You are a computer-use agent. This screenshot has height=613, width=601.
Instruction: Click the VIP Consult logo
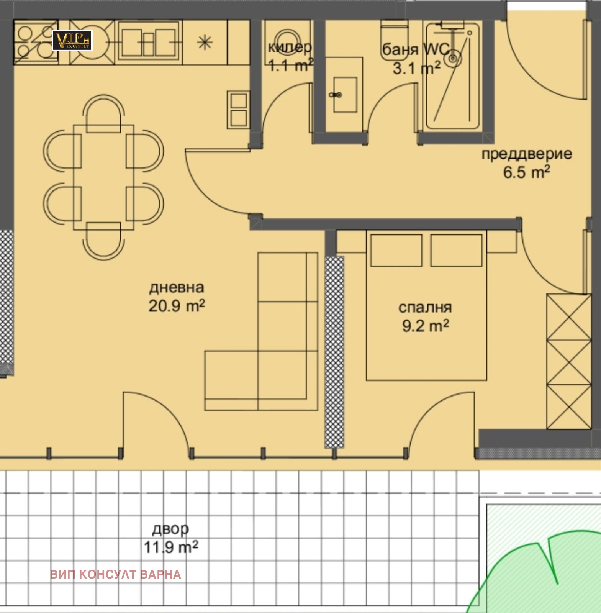click(72, 41)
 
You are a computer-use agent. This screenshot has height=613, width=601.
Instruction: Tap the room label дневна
click(177, 287)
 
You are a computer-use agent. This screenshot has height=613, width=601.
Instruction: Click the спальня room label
click(425, 308)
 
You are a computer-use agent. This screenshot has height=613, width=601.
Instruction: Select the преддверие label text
click(527, 154)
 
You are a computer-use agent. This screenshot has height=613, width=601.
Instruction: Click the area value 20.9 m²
click(177, 306)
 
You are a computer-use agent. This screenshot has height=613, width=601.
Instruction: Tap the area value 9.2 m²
click(425, 326)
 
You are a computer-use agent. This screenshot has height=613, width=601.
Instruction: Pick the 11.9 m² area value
click(171, 547)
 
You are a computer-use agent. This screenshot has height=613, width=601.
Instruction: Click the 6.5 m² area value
click(527, 172)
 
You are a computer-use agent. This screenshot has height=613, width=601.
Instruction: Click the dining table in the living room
click(103, 177)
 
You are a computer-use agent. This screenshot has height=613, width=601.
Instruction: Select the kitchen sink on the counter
click(149, 41)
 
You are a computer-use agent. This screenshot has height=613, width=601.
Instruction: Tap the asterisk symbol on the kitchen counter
click(205, 42)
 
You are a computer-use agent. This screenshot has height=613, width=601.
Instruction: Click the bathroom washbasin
click(345, 95)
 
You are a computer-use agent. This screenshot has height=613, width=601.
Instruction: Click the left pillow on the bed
click(396, 250)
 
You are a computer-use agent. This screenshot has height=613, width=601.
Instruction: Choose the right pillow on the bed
click(456, 250)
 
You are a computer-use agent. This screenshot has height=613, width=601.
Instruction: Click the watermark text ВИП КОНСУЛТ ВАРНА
click(115, 574)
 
